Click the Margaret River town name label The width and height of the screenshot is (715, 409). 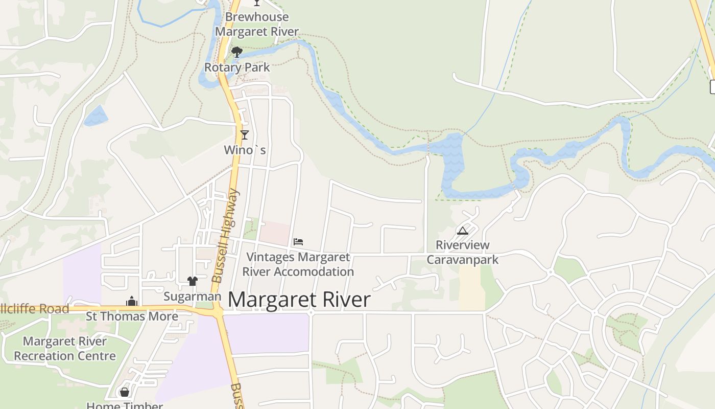click(x=299, y=300)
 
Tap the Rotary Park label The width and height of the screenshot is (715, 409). click(x=237, y=67)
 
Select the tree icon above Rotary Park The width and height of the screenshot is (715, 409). click(x=236, y=52)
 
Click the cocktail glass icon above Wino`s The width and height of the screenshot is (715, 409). click(x=245, y=135)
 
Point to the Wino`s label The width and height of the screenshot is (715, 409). click(x=245, y=150)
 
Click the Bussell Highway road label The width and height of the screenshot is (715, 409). click(x=225, y=236)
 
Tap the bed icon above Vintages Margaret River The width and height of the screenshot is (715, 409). click(x=298, y=241)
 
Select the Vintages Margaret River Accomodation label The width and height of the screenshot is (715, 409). click(x=298, y=264)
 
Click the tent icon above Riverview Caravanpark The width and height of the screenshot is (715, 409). click(x=462, y=231)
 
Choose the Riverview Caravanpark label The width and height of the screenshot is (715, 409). click(x=462, y=253)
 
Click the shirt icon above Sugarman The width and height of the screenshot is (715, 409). click(x=192, y=281)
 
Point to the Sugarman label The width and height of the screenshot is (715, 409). click(x=192, y=297)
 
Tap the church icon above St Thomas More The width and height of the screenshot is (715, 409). click(x=132, y=301)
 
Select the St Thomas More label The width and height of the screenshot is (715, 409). click(x=132, y=316)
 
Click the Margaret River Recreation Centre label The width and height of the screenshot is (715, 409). click(x=65, y=349)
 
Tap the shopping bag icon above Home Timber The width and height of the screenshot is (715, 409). click(x=124, y=392)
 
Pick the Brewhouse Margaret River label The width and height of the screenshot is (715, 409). click(x=257, y=24)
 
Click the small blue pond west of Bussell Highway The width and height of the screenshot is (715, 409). click(x=96, y=116)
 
